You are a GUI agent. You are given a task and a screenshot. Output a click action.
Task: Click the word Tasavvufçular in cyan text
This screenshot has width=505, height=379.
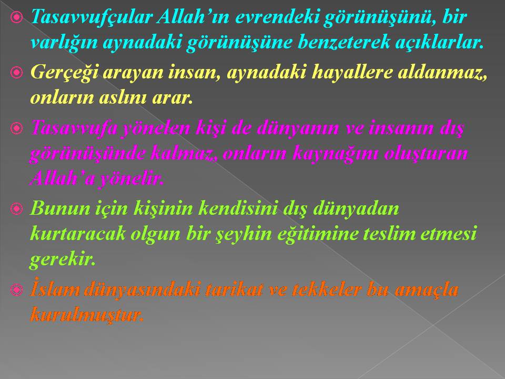[91, 16]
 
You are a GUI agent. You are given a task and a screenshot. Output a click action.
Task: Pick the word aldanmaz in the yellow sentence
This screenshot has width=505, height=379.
[441, 72]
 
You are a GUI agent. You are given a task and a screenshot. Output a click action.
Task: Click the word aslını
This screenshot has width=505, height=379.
[123, 97]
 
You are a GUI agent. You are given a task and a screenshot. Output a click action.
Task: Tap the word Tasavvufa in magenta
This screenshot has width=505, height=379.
[74, 127]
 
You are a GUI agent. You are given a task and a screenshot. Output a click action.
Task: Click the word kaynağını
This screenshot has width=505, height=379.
[335, 154]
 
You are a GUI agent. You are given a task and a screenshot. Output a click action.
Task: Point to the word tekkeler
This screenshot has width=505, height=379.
[326, 289]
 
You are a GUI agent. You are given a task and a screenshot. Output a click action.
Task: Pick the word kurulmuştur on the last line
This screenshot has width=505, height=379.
[86, 315]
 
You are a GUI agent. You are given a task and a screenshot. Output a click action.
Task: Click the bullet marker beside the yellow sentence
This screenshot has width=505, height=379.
[16, 73]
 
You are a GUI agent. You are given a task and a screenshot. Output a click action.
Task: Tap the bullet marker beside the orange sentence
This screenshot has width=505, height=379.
[16, 290]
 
